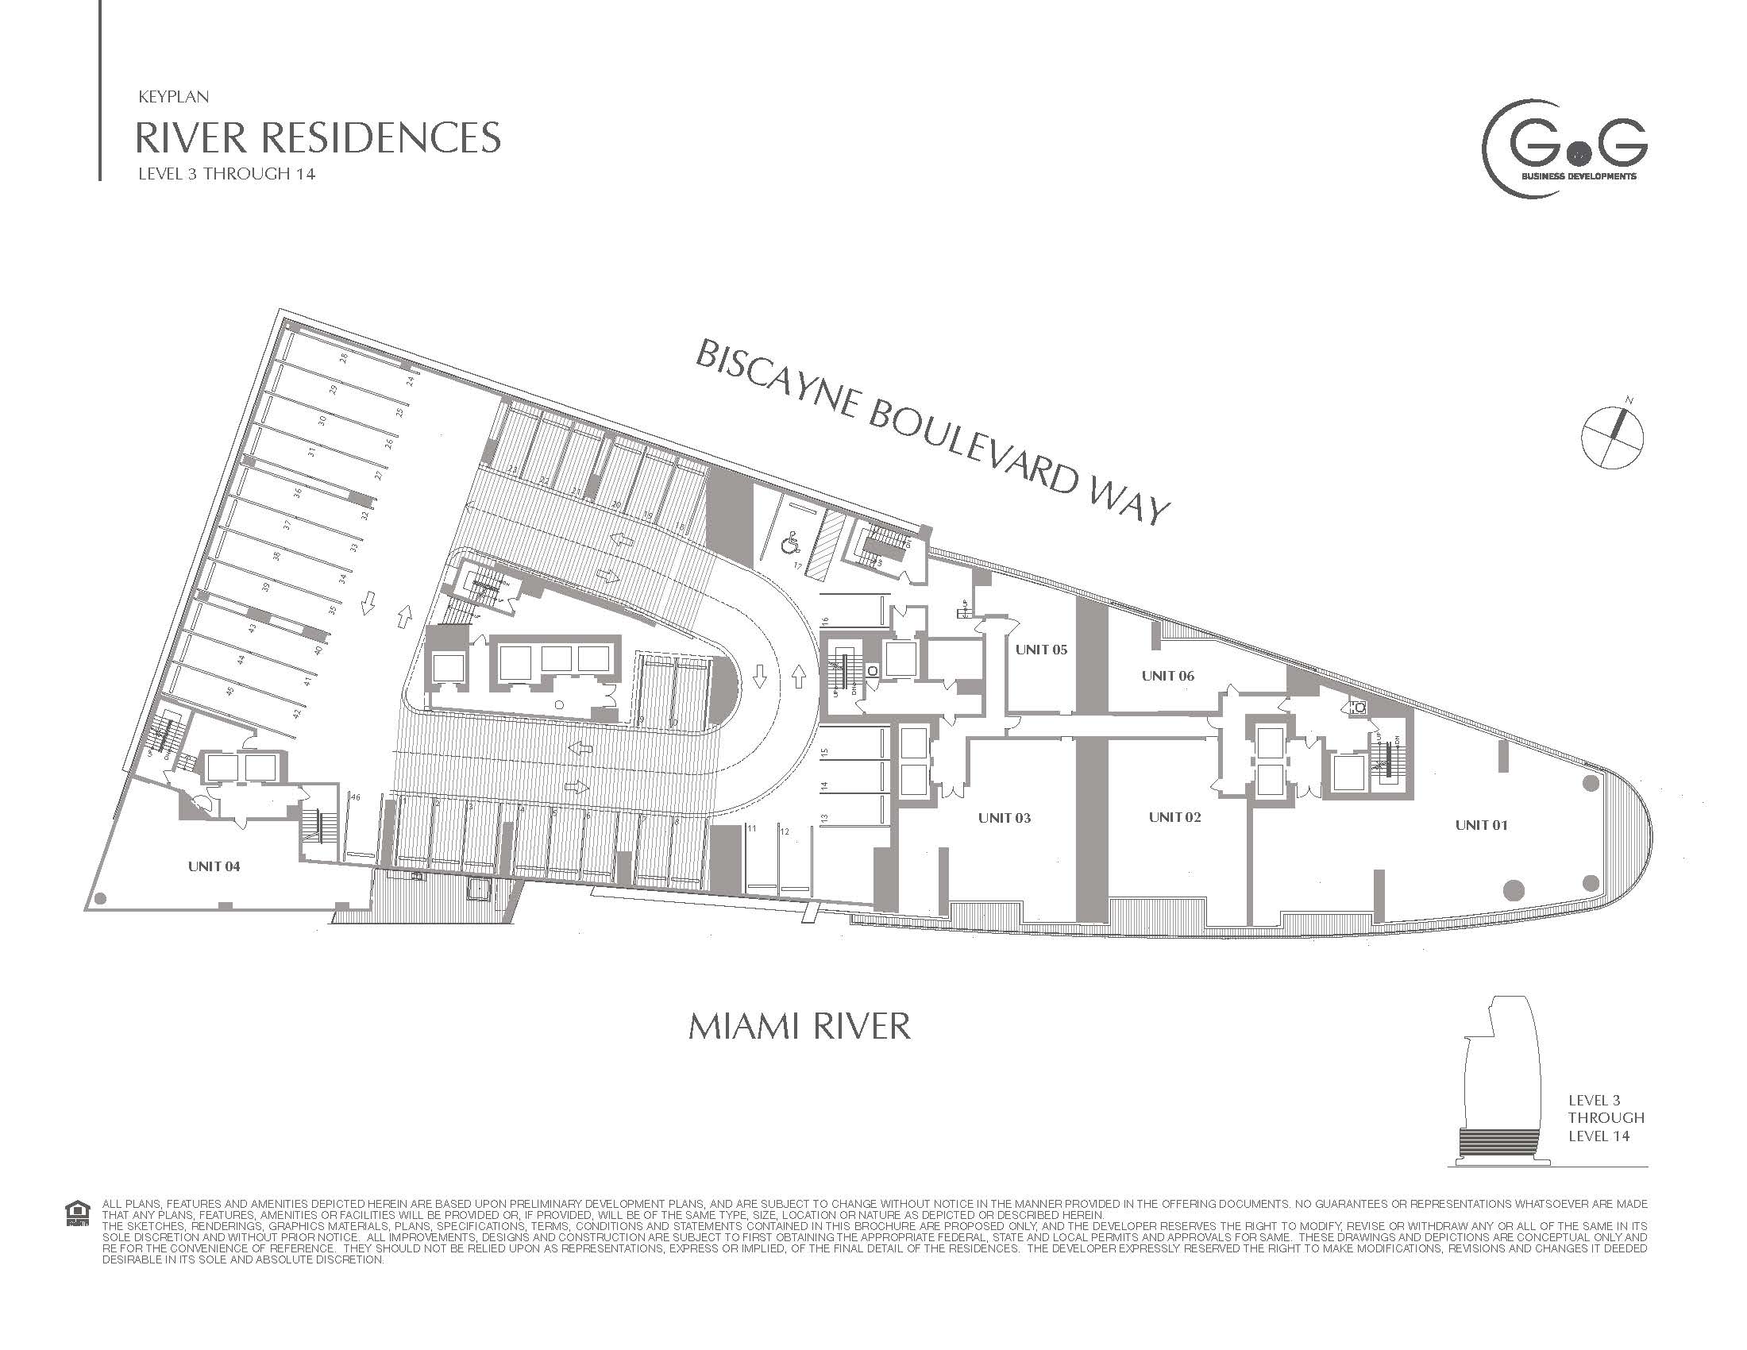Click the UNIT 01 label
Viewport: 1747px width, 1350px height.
click(x=1481, y=824)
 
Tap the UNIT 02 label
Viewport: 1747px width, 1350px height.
click(x=1175, y=816)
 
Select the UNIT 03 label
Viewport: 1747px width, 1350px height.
click(x=1004, y=817)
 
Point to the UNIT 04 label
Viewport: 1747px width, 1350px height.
click(x=214, y=866)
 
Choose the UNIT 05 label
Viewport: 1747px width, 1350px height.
click(x=1041, y=650)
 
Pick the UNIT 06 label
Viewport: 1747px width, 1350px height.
click(x=1167, y=676)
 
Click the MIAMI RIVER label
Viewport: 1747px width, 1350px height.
click(x=799, y=1027)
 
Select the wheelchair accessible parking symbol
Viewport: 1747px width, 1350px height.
click(x=789, y=545)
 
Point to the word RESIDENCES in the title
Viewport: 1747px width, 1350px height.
click(x=380, y=137)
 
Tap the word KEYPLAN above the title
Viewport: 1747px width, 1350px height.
click(x=174, y=97)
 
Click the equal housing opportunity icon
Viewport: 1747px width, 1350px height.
click(x=78, y=1213)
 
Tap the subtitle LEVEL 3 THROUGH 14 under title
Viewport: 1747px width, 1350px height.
click(x=226, y=174)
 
